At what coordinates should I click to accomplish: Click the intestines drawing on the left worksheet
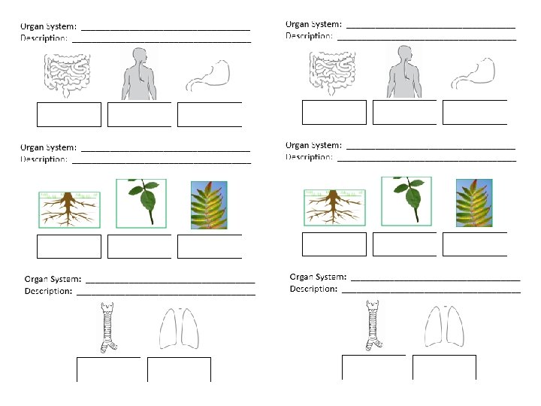[x=67, y=75]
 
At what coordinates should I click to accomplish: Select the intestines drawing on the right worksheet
[x=332, y=72]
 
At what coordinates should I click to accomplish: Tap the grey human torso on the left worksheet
[x=139, y=74]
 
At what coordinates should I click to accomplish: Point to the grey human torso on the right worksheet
[x=404, y=71]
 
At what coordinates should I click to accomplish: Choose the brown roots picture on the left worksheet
[x=68, y=209]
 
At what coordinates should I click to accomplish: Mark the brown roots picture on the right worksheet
[x=334, y=207]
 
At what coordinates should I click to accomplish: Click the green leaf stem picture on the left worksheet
[x=141, y=201]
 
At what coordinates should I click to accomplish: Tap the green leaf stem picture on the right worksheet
[x=406, y=200]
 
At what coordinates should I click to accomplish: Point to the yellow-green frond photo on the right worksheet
[x=474, y=202]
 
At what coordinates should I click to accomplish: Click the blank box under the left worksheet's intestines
[x=68, y=114]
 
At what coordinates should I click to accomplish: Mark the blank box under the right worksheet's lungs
[x=444, y=368]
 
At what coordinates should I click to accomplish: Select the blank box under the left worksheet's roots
[x=68, y=247]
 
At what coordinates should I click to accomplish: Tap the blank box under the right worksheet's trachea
[x=373, y=367]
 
